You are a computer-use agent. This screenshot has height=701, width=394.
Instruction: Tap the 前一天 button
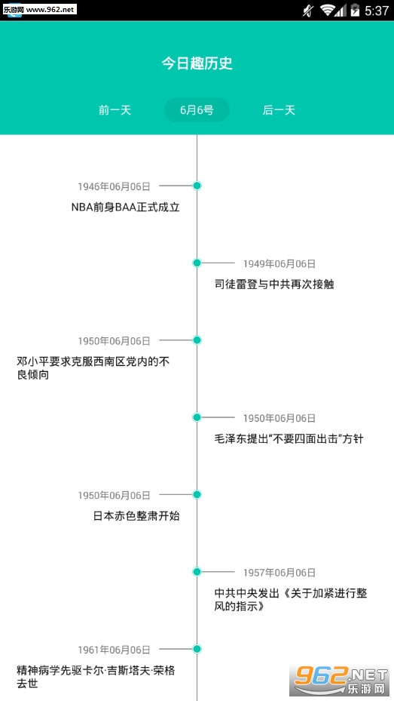pos(115,110)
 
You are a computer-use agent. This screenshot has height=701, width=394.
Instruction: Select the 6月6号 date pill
pos(197,110)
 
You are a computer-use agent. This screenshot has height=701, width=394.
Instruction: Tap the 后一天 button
pos(279,110)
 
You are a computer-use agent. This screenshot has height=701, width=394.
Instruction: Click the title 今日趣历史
pos(197,63)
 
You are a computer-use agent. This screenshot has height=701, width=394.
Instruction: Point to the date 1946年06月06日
pos(115,186)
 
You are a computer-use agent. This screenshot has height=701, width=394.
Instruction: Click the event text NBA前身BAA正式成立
pos(125,208)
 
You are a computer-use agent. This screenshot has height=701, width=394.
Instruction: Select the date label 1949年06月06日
pos(279,264)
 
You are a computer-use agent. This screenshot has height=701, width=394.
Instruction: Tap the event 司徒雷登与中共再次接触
pos(274,284)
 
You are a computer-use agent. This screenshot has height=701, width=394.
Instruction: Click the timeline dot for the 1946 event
pos(197,186)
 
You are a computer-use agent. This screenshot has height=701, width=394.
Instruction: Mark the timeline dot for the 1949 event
pos(197,263)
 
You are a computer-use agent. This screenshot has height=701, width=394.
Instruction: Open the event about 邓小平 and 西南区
pos(93,368)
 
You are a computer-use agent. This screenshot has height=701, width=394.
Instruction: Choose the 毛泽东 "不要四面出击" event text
pos(289,438)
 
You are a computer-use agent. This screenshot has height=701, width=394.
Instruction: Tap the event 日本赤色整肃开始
pos(136,516)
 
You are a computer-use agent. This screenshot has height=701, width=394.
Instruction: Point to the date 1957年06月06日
pos(279,573)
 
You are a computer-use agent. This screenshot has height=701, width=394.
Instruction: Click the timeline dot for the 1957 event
pos(197,571)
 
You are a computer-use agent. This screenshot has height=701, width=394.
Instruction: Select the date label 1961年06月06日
pos(115,650)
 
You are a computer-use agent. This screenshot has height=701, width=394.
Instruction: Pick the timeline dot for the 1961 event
pos(197,649)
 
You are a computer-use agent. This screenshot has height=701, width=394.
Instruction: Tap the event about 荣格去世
pos(96,677)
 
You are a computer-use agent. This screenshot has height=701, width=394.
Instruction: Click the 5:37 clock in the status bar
pos(377,11)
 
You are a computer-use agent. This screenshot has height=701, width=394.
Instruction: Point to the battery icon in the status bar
pos(355,10)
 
